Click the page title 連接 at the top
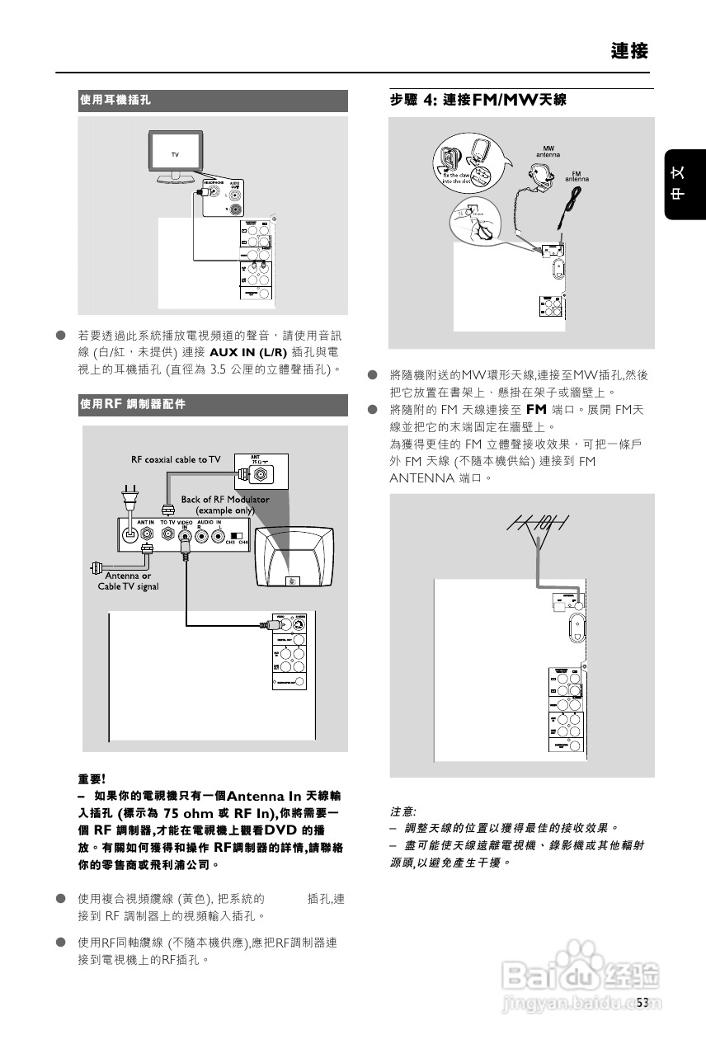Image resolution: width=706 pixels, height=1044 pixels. click(x=629, y=51)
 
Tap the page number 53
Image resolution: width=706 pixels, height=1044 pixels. click(x=643, y=1002)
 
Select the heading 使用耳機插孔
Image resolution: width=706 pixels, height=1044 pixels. click(x=115, y=99)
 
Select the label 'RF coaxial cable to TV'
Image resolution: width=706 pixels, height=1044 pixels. click(x=176, y=459)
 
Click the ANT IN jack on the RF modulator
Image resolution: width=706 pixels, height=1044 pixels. click(x=130, y=534)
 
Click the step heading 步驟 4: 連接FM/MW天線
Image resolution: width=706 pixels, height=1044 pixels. click(x=478, y=100)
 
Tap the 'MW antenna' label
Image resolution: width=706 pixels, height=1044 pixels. click(x=548, y=151)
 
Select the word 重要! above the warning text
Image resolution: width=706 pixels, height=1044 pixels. click(x=92, y=778)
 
